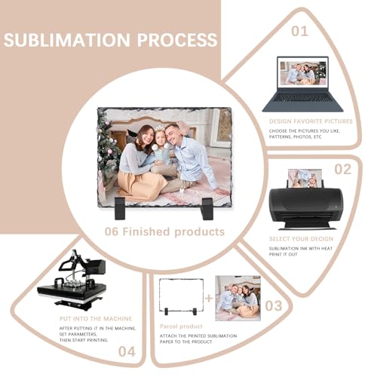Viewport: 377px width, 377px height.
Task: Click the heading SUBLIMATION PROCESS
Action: coord(111,40)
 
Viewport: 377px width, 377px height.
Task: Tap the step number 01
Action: coord(299,32)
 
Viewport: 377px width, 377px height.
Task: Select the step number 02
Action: coord(343,169)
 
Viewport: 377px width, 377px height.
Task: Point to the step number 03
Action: coord(274,305)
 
